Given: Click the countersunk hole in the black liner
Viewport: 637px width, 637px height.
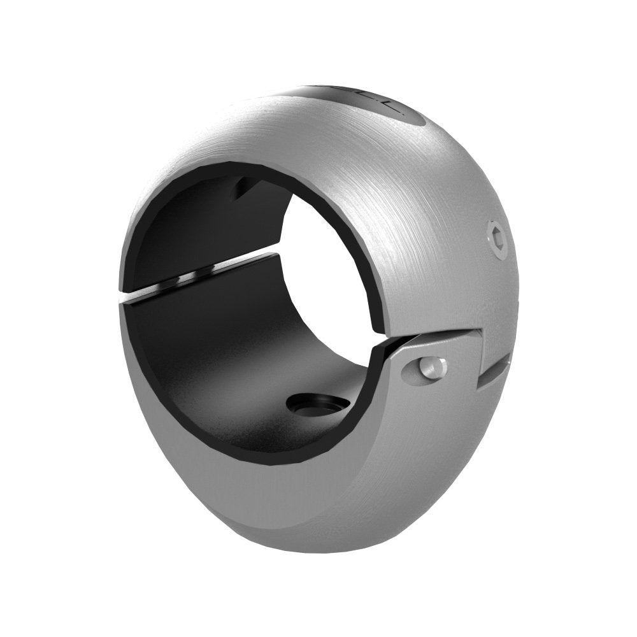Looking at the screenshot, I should pyautogui.click(x=314, y=404).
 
